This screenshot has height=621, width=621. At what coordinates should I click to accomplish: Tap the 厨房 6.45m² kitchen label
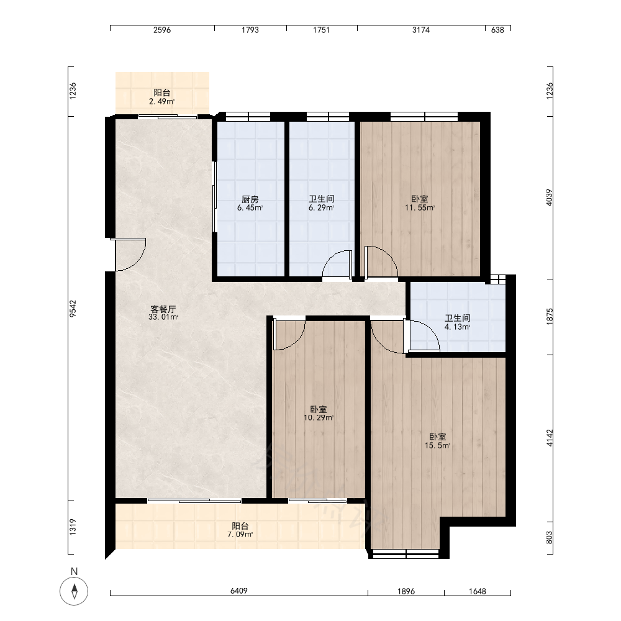(x=250, y=203)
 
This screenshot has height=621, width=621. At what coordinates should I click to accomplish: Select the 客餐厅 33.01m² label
(x=163, y=313)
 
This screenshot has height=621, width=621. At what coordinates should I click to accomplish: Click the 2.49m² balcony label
(x=162, y=97)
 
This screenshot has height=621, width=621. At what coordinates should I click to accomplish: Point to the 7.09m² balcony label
(x=240, y=530)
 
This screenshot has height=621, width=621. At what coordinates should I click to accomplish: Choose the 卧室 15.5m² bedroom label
(x=438, y=441)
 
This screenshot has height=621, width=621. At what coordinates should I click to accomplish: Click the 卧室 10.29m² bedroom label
(x=319, y=413)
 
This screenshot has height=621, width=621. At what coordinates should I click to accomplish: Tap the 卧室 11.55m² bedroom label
(x=420, y=203)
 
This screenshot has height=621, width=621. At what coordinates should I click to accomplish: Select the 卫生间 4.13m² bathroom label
(x=458, y=322)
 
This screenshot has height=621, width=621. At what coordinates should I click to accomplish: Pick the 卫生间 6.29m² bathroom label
(x=322, y=203)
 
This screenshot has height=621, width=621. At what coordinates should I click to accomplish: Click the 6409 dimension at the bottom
(x=239, y=591)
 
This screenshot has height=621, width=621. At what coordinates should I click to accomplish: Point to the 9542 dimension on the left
(x=73, y=309)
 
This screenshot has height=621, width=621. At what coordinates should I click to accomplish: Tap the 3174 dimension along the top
(x=420, y=30)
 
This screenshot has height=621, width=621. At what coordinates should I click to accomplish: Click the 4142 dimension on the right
(x=550, y=438)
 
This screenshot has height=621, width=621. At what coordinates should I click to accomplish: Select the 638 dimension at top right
(x=497, y=30)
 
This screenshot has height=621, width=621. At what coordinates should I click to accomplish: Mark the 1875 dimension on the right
(x=550, y=317)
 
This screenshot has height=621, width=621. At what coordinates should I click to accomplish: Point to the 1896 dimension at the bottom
(x=406, y=591)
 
